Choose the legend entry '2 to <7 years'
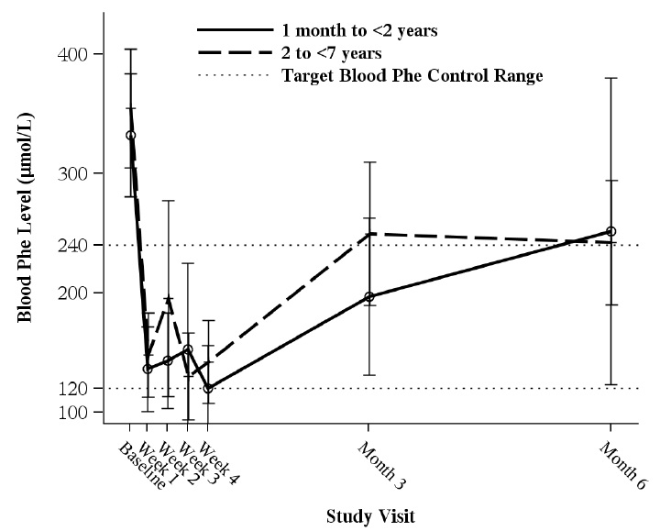338,53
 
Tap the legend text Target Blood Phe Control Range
412,76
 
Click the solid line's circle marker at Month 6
610,232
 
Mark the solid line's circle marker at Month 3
369,297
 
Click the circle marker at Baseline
130,136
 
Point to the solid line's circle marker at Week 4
208,388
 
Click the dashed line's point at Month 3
369,234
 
